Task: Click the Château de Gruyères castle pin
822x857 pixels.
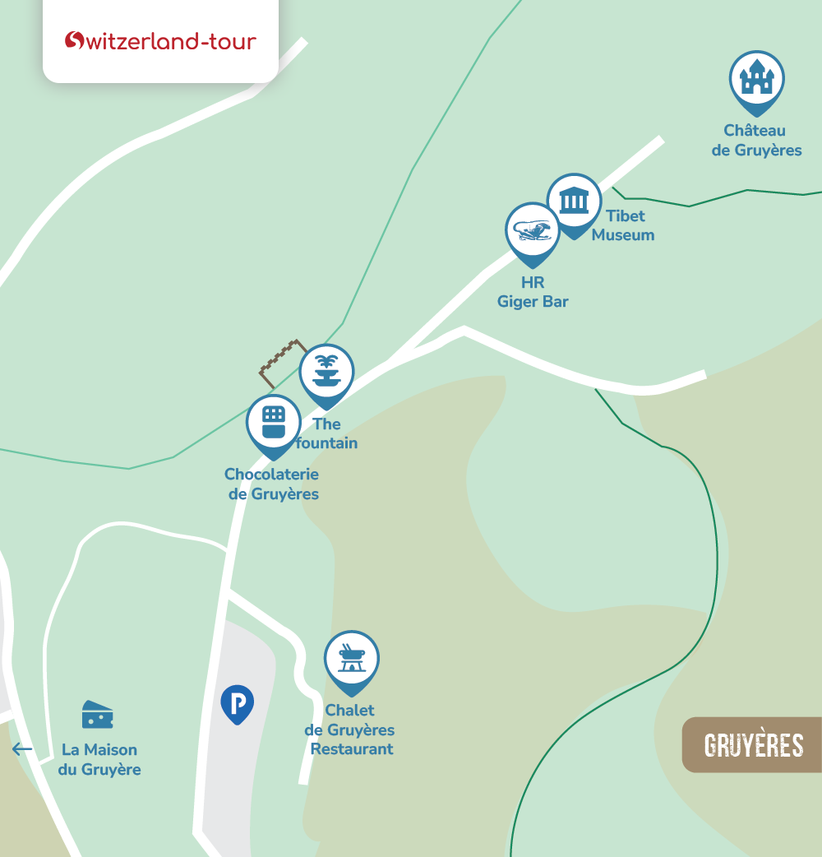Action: [x=756, y=80]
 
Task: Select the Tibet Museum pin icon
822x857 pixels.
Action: [x=574, y=202]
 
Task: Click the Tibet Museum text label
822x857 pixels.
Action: [x=624, y=225]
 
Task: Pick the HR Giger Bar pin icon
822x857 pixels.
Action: [x=532, y=231]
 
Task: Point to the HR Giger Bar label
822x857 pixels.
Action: [x=533, y=293]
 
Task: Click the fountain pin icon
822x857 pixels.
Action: [x=326, y=373]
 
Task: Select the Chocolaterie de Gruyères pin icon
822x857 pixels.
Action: [x=274, y=423]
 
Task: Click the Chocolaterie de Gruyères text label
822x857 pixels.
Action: [x=271, y=484]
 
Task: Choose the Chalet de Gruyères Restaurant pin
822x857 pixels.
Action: [x=352, y=659]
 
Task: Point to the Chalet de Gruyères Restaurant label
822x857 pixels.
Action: [x=350, y=730]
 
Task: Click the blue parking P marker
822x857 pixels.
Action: [x=238, y=703]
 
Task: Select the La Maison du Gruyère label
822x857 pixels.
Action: [x=99, y=760]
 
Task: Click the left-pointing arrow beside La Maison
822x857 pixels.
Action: [x=22, y=749]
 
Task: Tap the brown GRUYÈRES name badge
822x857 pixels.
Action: [x=753, y=745]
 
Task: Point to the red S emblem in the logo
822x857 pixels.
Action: [x=75, y=40]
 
